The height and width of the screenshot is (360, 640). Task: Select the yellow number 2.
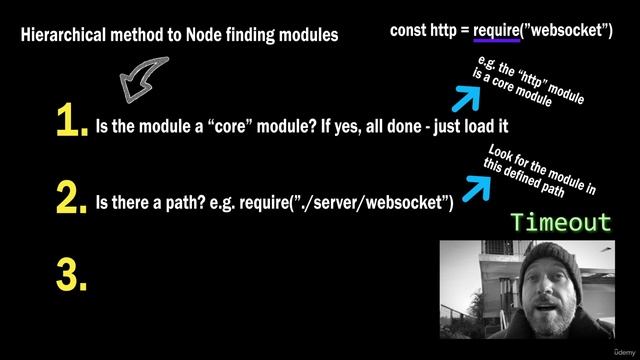(x=71, y=199)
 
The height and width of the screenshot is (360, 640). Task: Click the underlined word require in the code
(x=495, y=29)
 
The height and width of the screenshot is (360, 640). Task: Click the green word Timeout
(x=561, y=222)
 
